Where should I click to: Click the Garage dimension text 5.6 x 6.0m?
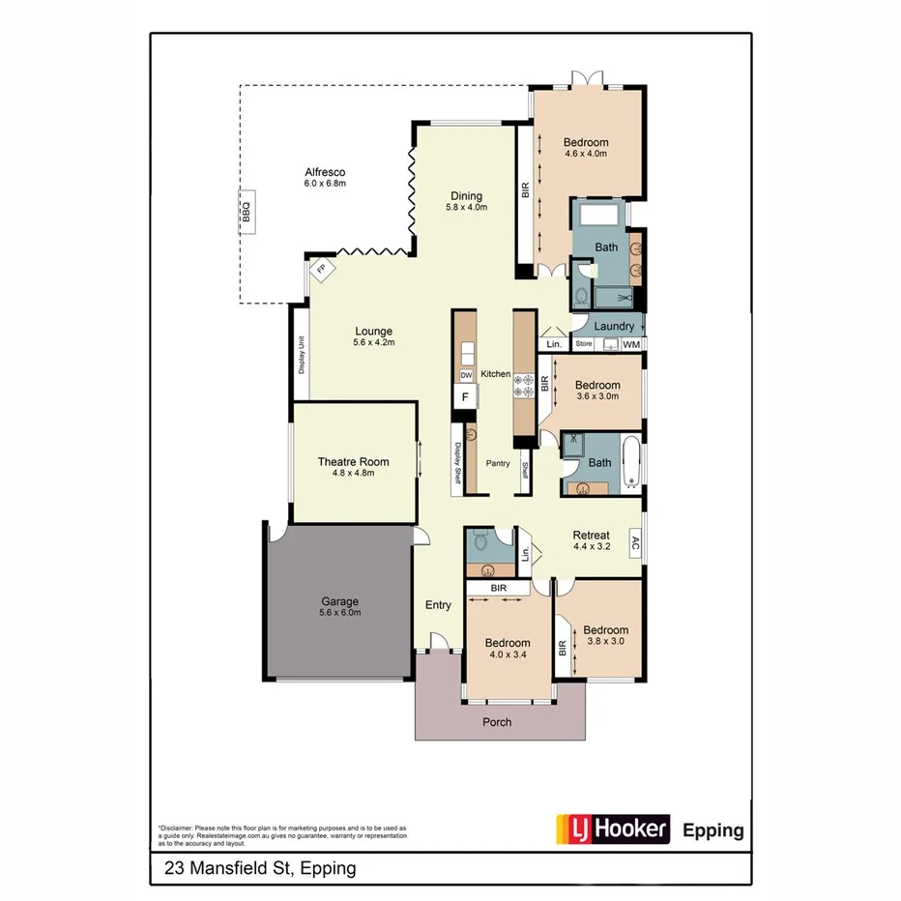pyautogui.click(x=340, y=612)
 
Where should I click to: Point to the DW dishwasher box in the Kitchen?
pyautogui.click(x=465, y=375)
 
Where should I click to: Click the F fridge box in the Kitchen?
pyautogui.click(x=465, y=396)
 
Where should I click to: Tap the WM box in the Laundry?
pyautogui.click(x=631, y=344)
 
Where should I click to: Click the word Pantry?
pyautogui.click(x=498, y=464)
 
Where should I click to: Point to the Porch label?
pyautogui.click(x=497, y=722)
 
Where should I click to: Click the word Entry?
pyautogui.click(x=438, y=605)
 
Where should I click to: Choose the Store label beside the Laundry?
pyautogui.click(x=583, y=344)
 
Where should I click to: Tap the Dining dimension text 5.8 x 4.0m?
pyautogui.click(x=466, y=207)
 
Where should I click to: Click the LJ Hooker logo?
pyautogui.click(x=612, y=829)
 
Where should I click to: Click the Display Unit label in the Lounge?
pyautogui.click(x=302, y=356)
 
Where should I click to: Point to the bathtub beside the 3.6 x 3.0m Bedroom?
pyautogui.click(x=630, y=463)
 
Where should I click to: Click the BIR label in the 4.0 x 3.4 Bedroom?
pyautogui.click(x=498, y=588)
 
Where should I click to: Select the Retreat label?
pyautogui.click(x=591, y=535)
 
